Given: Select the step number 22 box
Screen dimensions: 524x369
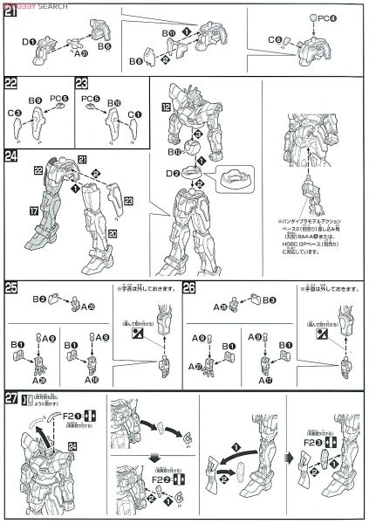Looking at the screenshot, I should (x=11, y=84).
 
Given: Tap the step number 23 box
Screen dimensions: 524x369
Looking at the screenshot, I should (x=82, y=84).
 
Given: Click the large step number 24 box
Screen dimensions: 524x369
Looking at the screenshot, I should (x=11, y=156).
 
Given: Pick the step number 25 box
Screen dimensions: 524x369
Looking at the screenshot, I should (x=11, y=286).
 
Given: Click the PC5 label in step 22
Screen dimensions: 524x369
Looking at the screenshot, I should (x=58, y=98).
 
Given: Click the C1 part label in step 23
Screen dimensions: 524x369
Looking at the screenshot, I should (x=133, y=114).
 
